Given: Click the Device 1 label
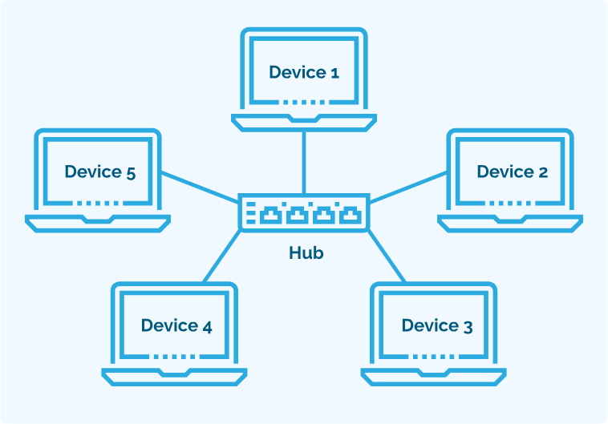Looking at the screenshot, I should [303, 73].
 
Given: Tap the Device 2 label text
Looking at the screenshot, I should [512, 172].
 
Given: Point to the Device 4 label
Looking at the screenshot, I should [176, 325].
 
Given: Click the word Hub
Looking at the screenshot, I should [306, 253].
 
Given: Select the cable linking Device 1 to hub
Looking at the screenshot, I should [304, 161].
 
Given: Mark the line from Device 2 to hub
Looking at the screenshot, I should [407, 185].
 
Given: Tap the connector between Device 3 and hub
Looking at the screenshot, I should [387, 256].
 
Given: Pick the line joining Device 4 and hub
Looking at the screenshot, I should [221, 256].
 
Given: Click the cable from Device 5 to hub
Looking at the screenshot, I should [201, 185].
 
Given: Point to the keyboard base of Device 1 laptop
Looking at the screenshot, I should [304, 121].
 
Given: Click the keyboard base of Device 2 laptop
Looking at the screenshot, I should [510, 220].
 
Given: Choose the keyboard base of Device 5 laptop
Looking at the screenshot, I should [98, 220].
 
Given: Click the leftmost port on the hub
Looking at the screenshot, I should [271, 214].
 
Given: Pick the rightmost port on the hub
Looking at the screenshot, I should [349, 214].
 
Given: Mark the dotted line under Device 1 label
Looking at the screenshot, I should [304, 103].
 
